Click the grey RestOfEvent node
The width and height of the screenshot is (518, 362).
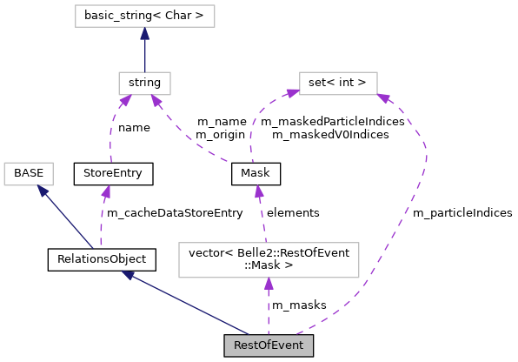pos(269,345)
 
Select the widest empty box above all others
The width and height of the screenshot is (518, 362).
pos(144,16)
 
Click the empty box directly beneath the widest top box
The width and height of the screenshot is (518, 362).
pos(144,84)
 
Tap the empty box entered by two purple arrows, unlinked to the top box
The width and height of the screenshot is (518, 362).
pos(338,84)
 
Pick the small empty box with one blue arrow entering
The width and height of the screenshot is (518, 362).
pos(29,174)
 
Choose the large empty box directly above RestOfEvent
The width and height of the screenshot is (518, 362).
pos(269,260)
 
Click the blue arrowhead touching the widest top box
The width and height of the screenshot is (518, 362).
pos(144,34)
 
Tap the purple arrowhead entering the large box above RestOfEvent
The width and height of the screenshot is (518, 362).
pos(269,285)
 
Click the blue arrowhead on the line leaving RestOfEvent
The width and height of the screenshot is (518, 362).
pos(128,275)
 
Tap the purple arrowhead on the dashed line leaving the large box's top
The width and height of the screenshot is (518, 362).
pos(258,191)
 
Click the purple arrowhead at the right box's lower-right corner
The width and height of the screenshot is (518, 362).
pos(383,98)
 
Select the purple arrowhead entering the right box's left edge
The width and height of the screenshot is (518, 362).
pos(292,91)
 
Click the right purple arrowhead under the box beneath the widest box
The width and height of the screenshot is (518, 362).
pos(156,101)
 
